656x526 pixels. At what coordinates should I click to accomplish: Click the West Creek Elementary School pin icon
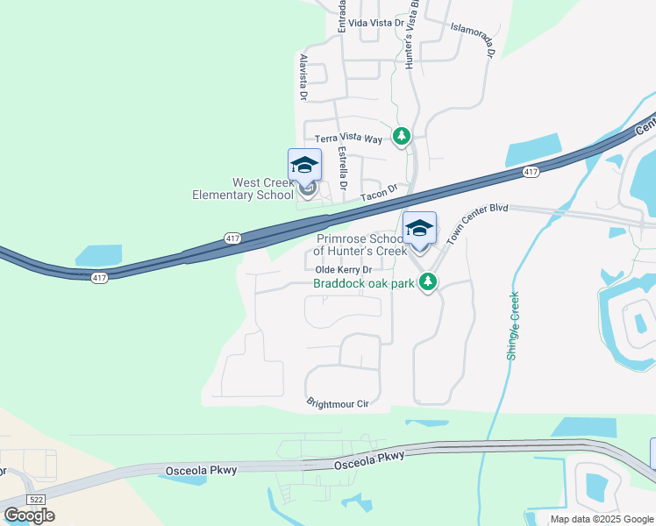click(x=304, y=167)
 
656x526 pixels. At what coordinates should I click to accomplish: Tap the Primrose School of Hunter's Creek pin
click(x=419, y=230)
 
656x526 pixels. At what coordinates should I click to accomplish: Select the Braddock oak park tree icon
click(x=428, y=282)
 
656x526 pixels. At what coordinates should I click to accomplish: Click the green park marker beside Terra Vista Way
click(x=402, y=136)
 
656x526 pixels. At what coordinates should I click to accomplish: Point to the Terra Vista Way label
click(x=349, y=139)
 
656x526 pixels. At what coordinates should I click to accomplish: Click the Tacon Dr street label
click(x=378, y=188)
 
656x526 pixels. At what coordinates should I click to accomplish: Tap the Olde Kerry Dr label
click(x=350, y=270)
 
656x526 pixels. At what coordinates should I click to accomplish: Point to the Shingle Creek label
click(x=513, y=325)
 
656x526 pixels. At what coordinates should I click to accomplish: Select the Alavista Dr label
click(x=303, y=76)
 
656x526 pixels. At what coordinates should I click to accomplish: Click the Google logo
click(x=29, y=515)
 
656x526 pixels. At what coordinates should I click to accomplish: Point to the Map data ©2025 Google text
click(x=601, y=519)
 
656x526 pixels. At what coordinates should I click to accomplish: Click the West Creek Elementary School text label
click(x=243, y=188)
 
